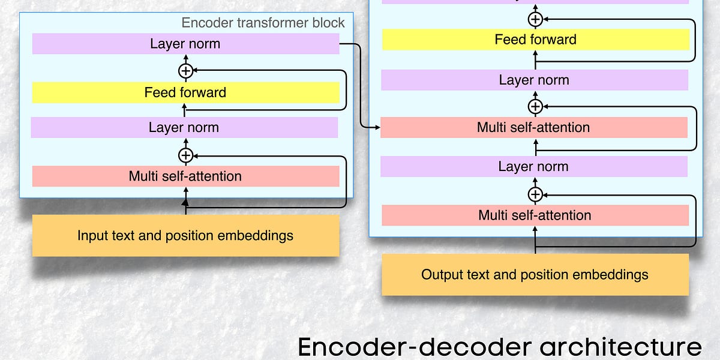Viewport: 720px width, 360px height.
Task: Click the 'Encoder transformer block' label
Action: (263, 23)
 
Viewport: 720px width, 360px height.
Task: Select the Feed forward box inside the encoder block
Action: (185, 92)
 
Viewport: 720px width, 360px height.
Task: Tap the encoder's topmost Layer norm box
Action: (185, 44)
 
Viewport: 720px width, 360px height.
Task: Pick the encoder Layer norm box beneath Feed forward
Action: (184, 127)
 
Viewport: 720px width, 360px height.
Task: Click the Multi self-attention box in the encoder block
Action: (185, 176)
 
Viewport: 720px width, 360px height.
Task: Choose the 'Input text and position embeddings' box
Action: (185, 235)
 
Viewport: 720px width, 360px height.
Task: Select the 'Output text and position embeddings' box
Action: (535, 275)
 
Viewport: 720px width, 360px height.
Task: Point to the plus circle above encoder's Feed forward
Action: (186, 71)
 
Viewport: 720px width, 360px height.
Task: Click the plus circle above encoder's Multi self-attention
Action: (186, 155)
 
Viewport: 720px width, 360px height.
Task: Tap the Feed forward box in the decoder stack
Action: (535, 40)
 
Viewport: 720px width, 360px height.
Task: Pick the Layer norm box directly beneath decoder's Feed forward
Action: (534, 80)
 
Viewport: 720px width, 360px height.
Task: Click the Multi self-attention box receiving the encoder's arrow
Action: (533, 127)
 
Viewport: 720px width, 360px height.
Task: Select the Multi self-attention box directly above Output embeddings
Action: (535, 215)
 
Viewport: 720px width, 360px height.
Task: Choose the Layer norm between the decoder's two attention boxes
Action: (533, 166)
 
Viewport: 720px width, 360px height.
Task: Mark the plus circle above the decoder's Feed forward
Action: (535, 19)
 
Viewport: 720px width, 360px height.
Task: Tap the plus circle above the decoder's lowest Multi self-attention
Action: (535, 194)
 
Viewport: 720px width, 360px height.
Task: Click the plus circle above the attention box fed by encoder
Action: (535, 107)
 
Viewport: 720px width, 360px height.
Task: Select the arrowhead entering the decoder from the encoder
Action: (377, 127)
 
